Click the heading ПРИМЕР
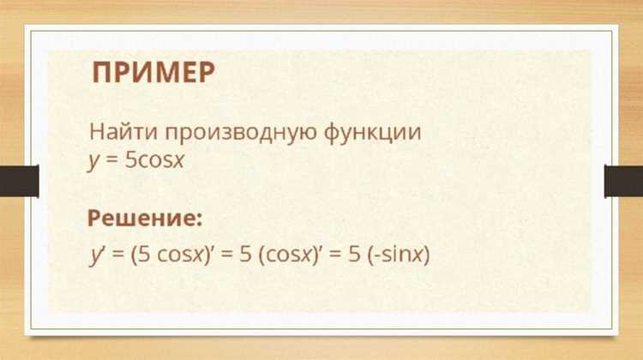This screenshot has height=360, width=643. click(x=153, y=73)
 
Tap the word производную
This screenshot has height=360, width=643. click(x=241, y=134)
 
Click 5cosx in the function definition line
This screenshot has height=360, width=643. click(x=154, y=160)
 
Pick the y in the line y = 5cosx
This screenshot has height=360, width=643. click(x=94, y=162)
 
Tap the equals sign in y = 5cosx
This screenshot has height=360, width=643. click(x=112, y=161)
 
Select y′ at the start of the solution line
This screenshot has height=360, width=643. click(x=97, y=255)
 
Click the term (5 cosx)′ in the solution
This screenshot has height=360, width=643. click(x=171, y=255)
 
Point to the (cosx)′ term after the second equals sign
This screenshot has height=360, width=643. click(x=290, y=255)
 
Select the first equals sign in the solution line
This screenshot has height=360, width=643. click(x=118, y=255)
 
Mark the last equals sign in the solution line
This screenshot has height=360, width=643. click(x=335, y=255)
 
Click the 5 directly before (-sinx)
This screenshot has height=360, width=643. click(x=355, y=255)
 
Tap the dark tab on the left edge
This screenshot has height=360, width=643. click(x=19, y=181)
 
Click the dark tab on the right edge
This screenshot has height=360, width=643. click(x=624, y=181)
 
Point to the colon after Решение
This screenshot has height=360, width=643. click(x=199, y=219)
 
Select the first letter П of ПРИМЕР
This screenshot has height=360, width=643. click(x=102, y=73)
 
